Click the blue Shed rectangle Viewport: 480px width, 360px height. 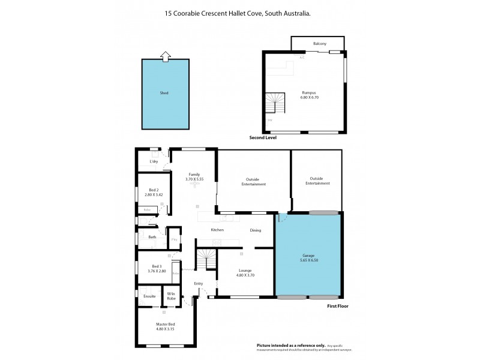coord(164,94)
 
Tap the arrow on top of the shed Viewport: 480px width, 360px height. coord(164,56)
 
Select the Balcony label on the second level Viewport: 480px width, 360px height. coord(320,44)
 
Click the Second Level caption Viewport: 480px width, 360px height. coord(262,137)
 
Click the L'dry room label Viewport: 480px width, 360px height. coord(154,161)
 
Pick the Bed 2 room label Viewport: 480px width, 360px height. coord(154,192)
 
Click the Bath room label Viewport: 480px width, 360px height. coord(152,237)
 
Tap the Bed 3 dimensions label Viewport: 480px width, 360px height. coord(156,271)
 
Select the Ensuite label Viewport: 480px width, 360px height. coord(149,296)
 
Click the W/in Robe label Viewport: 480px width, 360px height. coord(170,296)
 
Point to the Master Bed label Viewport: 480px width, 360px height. coord(165,326)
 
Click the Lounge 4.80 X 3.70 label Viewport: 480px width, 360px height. coord(244,272)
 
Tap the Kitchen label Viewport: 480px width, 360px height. coord(217,230)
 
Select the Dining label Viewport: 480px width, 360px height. coord(256,230)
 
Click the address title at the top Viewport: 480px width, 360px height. coord(240,13)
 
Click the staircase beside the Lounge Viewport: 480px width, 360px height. coord(206,260)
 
